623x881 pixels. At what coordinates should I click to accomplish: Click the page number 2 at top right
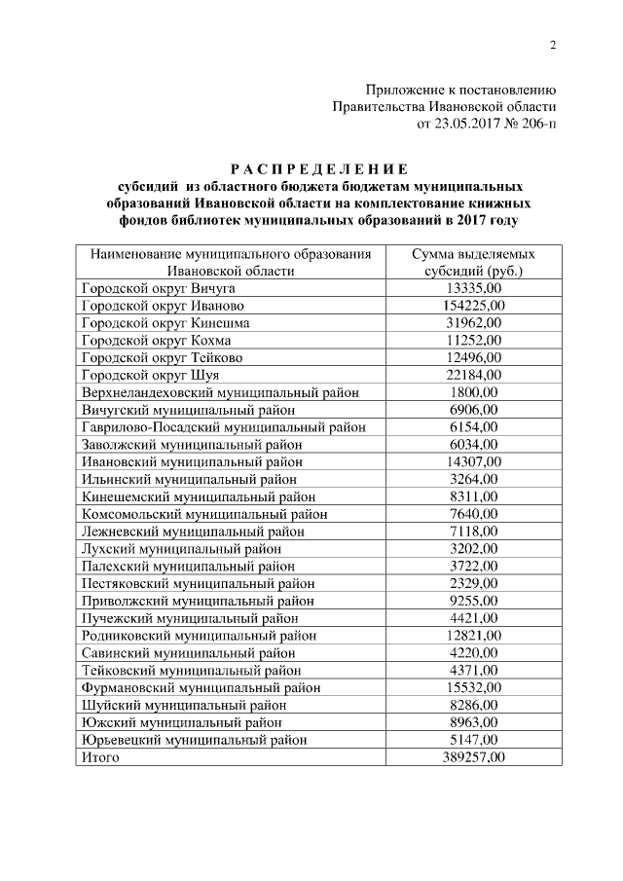click(x=553, y=45)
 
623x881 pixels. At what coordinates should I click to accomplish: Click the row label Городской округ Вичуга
click(x=159, y=288)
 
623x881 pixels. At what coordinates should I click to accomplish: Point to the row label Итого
click(x=100, y=757)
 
